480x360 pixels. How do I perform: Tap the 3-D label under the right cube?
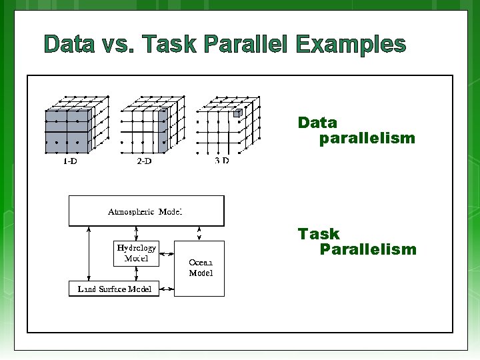pyautogui.click(x=222, y=161)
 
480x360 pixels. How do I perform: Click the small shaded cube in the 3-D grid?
pyautogui.click(x=236, y=114)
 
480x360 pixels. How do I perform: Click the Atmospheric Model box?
pyautogui.click(x=147, y=211)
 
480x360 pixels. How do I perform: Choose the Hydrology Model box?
pyautogui.click(x=137, y=253)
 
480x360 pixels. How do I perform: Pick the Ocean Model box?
pyautogui.click(x=200, y=268)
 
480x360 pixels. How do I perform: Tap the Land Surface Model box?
pyautogui.click(x=114, y=289)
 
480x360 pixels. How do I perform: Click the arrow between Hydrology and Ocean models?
pyautogui.click(x=167, y=254)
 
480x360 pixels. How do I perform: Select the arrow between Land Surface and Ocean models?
pyautogui.click(x=167, y=289)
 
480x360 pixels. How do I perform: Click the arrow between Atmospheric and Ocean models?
pyautogui.click(x=199, y=233)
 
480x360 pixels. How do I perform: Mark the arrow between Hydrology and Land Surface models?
pyautogui.click(x=136, y=273)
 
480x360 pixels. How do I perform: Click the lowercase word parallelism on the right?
pyautogui.click(x=367, y=139)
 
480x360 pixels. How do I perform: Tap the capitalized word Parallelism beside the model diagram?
pyautogui.click(x=368, y=249)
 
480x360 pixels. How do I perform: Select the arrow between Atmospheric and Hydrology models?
pyautogui.click(x=136, y=233)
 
